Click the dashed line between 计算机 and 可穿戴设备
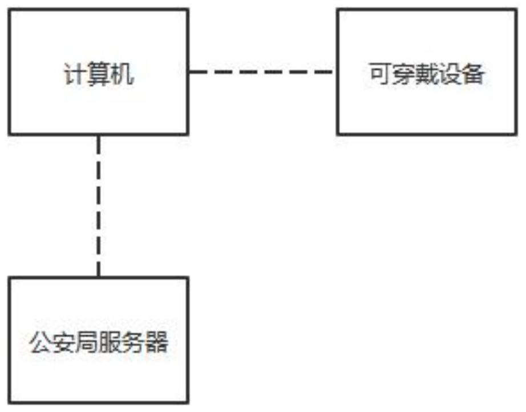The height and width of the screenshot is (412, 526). point(262,73)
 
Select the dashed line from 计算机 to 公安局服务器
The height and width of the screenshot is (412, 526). point(98,206)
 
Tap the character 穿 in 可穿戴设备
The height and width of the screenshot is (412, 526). point(403,74)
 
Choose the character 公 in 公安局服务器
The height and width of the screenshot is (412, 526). point(39,344)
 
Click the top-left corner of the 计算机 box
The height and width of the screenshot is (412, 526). point(9,9)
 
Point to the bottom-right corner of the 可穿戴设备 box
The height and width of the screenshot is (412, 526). point(517,134)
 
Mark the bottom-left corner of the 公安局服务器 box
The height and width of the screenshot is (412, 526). point(9,403)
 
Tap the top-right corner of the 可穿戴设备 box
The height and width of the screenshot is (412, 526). point(517,9)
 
